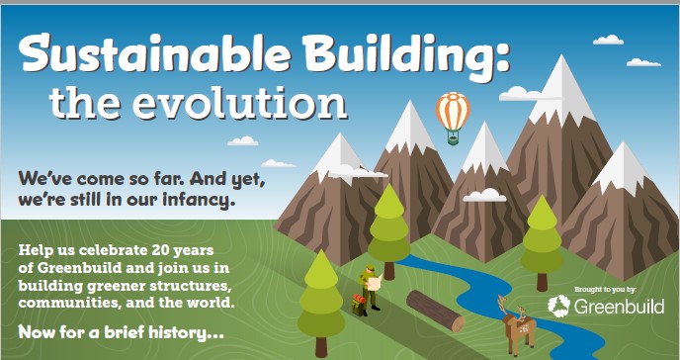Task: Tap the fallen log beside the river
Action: (435, 311)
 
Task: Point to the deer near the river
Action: (518, 324)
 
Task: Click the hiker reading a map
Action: (371, 290)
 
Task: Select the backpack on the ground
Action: (358, 305)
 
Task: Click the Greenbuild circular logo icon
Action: (558, 306)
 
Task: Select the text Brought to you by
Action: (606, 289)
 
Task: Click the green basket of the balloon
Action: (453, 139)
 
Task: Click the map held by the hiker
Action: (376, 282)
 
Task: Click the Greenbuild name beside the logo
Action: (620, 307)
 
